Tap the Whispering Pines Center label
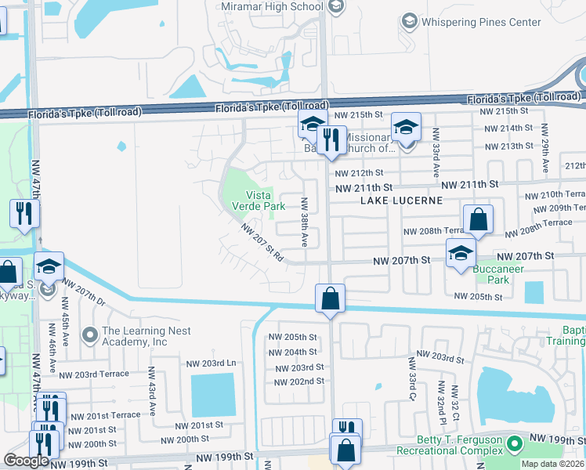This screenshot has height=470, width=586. coord(482,22)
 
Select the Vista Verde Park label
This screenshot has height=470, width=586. coord(258,201)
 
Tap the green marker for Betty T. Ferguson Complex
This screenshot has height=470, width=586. coord(515,445)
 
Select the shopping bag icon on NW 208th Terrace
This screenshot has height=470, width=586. coord(478,221)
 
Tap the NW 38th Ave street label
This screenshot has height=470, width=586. coord(304,222)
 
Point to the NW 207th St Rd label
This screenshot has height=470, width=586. coord(262,244)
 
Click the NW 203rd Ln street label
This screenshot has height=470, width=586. coord(211,363)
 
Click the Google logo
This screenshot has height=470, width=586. coord(26,461)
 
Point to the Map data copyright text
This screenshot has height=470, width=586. coord(552,464)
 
